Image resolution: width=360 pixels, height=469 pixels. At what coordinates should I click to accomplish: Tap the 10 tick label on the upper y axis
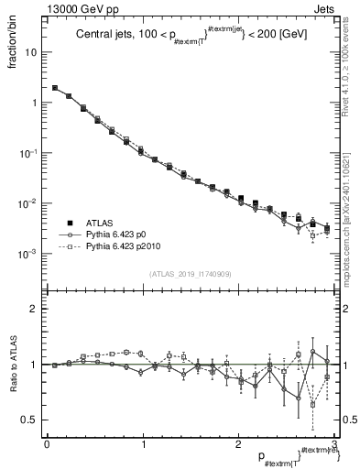tap(31, 52)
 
